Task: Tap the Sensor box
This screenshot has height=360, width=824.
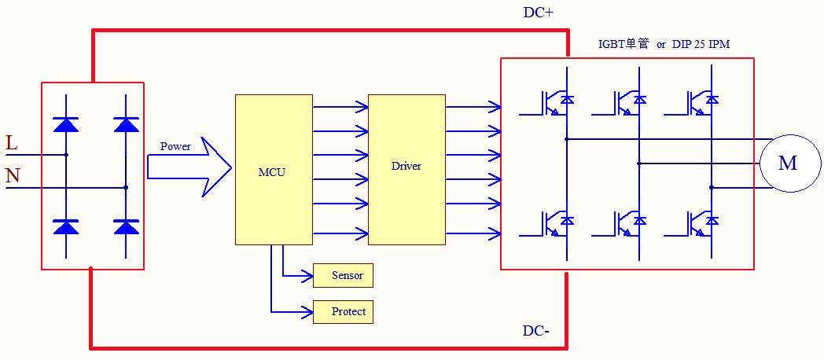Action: [343, 275]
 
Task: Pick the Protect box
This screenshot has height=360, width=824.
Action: [343, 312]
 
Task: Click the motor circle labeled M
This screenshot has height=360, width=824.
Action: [787, 163]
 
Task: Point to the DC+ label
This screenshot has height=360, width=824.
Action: [539, 13]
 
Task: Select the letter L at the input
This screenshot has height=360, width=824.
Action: [11, 143]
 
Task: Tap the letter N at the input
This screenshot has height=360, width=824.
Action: [13, 176]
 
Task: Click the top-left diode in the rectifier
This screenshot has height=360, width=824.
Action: [65, 124]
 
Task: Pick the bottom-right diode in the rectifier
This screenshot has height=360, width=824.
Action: [126, 226]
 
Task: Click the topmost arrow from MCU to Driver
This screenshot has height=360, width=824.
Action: [340, 106]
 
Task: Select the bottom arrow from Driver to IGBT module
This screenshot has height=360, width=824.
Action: [473, 233]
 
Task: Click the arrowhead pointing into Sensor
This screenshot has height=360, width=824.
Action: [307, 275]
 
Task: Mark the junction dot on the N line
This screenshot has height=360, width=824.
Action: [126, 188]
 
